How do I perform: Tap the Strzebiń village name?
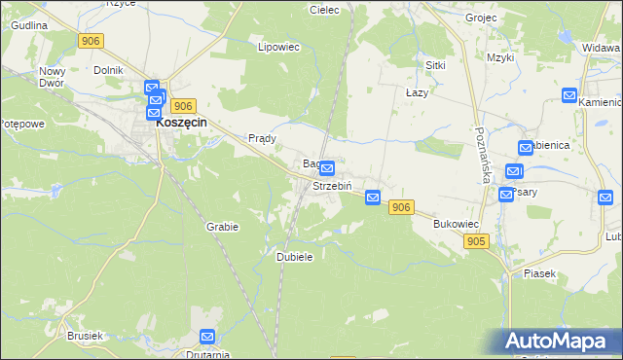pyautogui.click(x=331, y=185)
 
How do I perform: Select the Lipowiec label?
pyautogui.click(x=275, y=47)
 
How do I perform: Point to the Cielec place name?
pyautogui.click(x=323, y=10)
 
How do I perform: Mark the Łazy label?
pyautogui.click(x=417, y=91)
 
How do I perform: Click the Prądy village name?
pyautogui.click(x=263, y=138)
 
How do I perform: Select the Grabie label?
pyautogui.click(x=222, y=226)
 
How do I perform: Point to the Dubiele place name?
pyautogui.click(x=294, y=256)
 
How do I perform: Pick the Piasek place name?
pyautogui.click(x=538, y=273)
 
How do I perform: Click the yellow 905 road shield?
pyautogui.click(x=476, y=240)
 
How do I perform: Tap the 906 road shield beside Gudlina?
pyautogui.click(x=91, y=40)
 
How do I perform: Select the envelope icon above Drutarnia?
pyautogui.click(x=207, y=337)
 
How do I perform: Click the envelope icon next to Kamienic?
pyautogui.click(x=569, y=95)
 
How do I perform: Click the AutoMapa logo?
pyautogui.click(x=561, y=342)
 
